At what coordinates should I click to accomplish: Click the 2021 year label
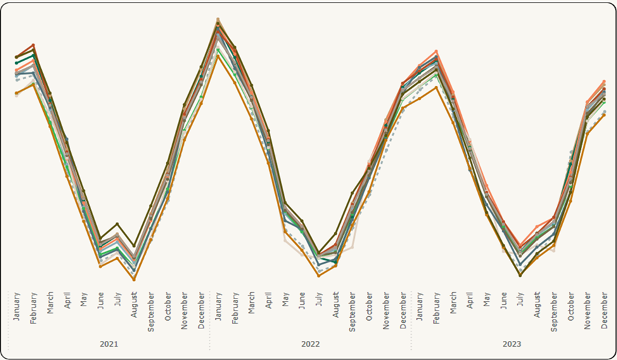pyautogui.click(x=109, y=344)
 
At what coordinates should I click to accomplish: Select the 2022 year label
pyautogui.click(x=310, y=344)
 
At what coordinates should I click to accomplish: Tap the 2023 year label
pyautogui.click(x=512, y=344)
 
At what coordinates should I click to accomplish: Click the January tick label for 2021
pyautogui.click(x=16, y=307)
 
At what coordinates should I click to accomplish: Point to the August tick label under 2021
pyautogui.click(x=134, y=305)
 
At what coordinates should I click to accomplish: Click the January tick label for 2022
pyautogui.click(x=218, y=307)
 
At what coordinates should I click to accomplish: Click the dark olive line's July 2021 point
pyautogui.click(x=117, y=224)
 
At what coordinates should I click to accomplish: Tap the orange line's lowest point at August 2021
pyautogui.click(x=134, y=280)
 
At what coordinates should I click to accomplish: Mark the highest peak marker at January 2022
pyautogui.click(x=218, y=20)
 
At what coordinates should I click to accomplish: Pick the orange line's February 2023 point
pyautogui.click(x=436, y=87)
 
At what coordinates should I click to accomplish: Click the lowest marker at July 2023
pyautogui.click(x=521, y=275)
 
